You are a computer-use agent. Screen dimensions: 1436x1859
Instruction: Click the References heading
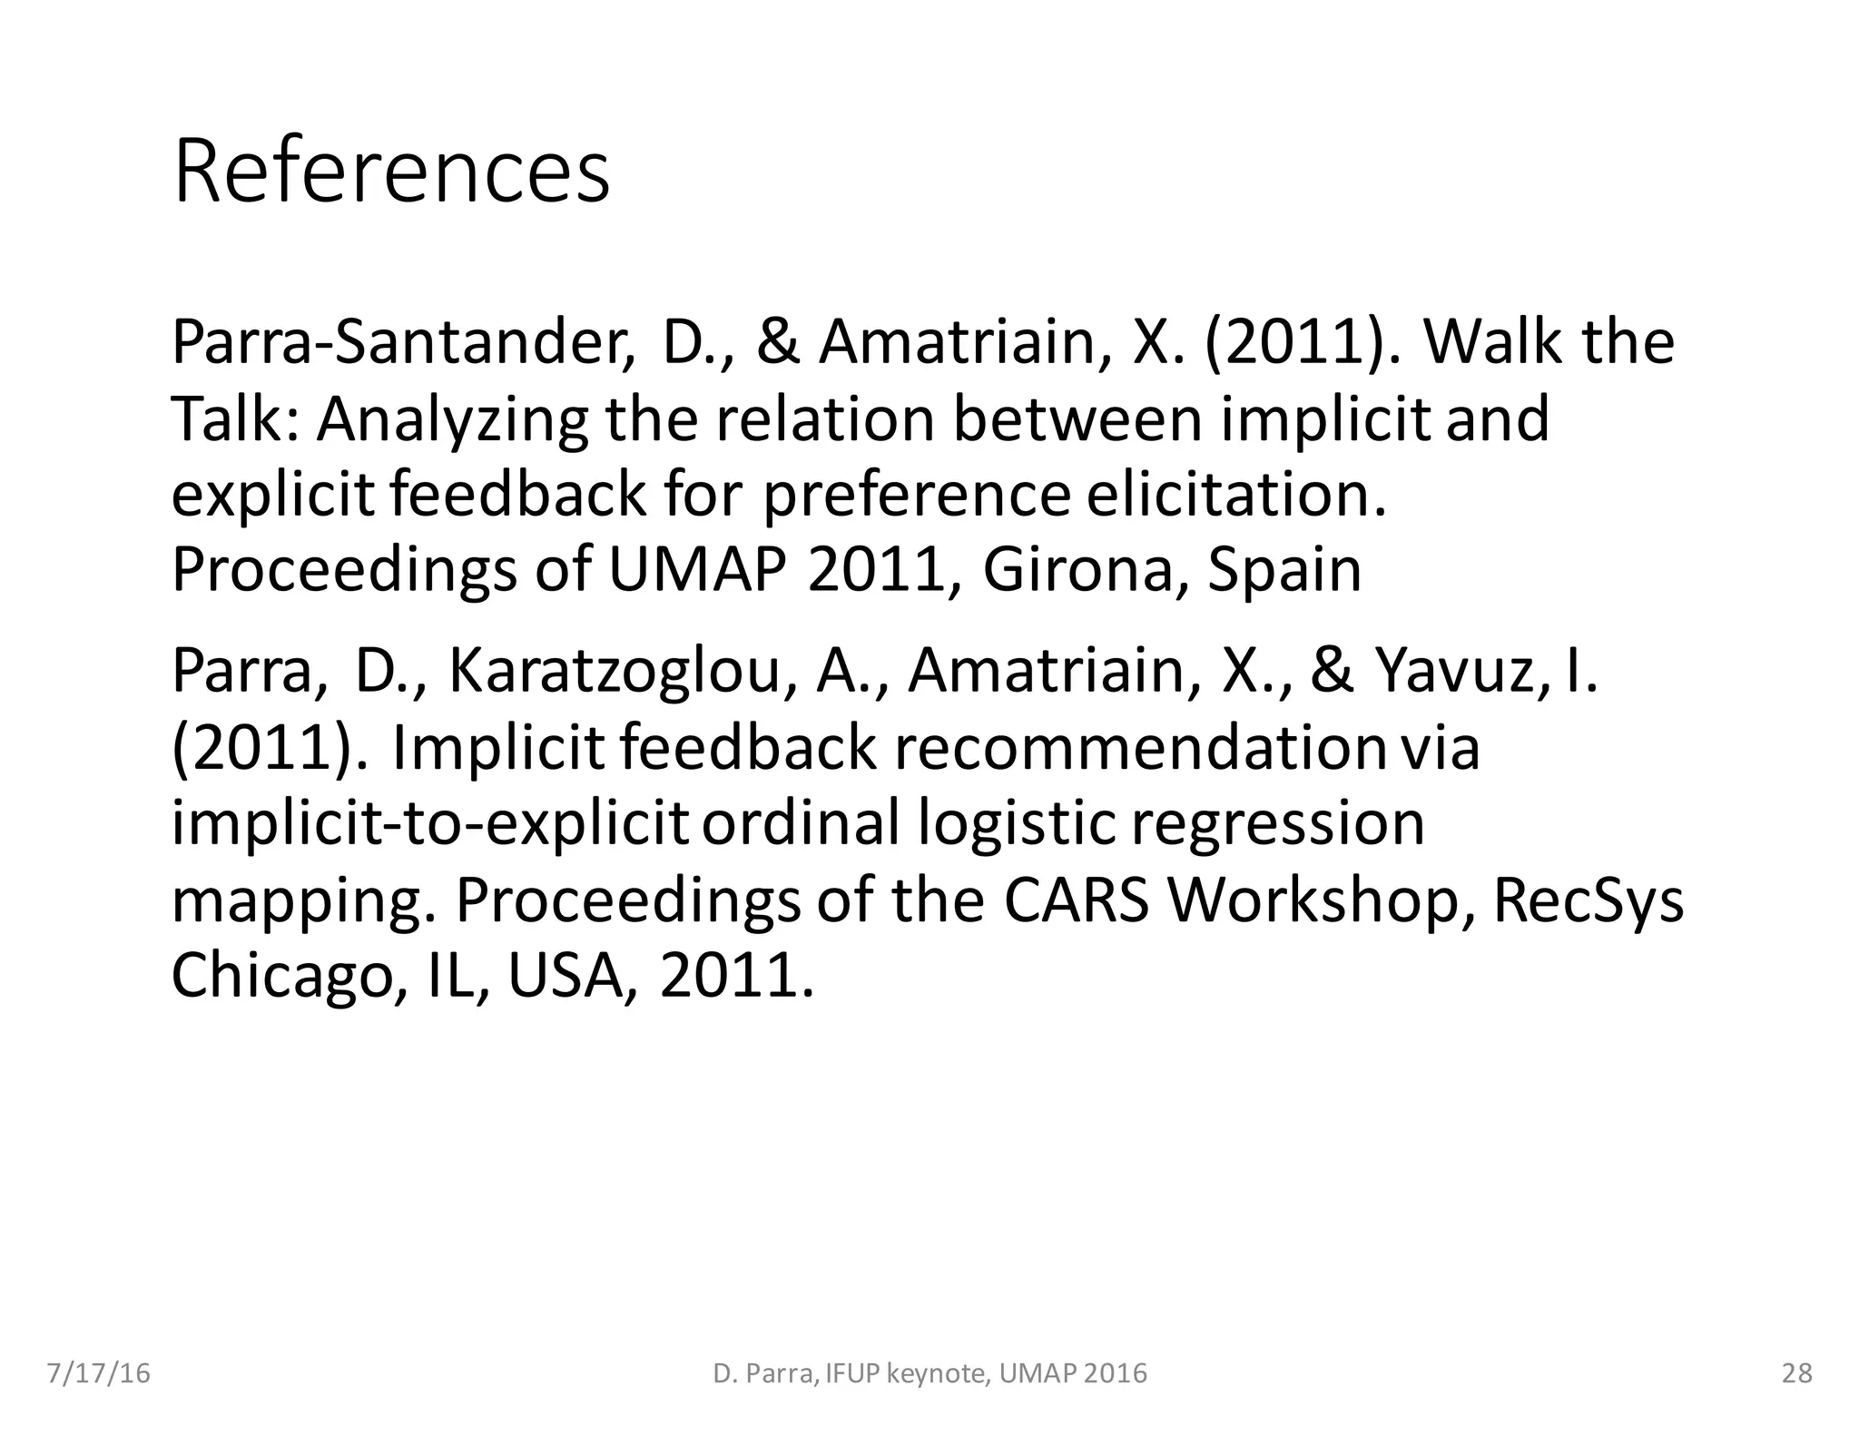click(x=391, y=172)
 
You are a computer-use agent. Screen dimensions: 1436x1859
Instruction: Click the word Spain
click(x=1284, y=570)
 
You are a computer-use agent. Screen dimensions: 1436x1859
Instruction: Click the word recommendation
click(x=1140, y=748)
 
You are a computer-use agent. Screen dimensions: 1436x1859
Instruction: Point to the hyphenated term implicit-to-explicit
click(x=430, y=823)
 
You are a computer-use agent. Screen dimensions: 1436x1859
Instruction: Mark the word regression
click(x=1277, y=823)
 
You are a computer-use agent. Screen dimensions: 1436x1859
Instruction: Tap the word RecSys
click(x=1588, y=900)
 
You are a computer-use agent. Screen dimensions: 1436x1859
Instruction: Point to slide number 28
click(x=1797, y=1373)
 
